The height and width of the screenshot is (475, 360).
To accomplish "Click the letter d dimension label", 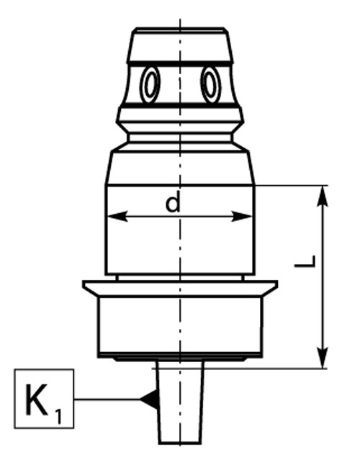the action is [173, 204].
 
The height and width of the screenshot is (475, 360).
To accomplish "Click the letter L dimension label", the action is [305, 262].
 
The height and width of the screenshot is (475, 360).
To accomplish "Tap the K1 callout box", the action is [44, 399].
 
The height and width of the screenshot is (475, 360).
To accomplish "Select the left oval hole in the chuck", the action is [150, 84].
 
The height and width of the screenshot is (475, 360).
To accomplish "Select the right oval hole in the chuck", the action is [211, 84].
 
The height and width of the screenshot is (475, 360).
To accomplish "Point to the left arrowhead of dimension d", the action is [117, 217].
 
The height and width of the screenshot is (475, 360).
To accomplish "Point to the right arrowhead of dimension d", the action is [242, 217].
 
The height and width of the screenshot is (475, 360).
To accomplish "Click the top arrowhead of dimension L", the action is [323, 196].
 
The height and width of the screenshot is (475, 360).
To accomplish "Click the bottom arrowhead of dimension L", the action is [323, 358].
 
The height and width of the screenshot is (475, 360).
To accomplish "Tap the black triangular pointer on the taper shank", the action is [149, 399].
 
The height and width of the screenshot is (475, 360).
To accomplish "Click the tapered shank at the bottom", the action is [180, 402].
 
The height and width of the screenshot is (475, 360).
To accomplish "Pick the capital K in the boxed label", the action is [37, 399].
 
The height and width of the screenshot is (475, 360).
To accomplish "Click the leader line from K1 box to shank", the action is [107, 399].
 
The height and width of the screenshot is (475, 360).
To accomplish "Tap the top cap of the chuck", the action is [180, 45].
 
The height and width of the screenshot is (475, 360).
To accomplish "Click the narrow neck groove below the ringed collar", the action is [180, 138].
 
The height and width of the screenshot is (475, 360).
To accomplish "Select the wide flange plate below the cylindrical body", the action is [180, 288].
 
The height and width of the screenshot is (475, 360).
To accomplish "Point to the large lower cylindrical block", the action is [180, 325].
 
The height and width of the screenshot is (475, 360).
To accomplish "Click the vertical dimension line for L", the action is [323, 277].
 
